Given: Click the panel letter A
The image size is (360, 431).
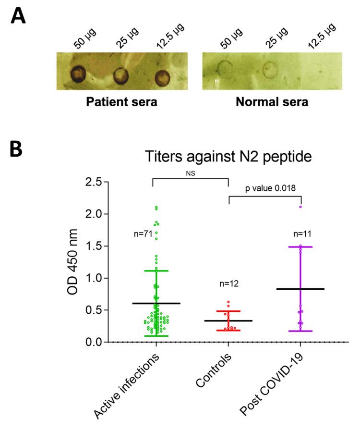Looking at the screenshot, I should tap(20, 17).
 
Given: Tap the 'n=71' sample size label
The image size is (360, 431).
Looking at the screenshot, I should tap(143, 234).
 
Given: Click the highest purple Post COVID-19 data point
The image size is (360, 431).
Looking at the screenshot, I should tap(301, 207).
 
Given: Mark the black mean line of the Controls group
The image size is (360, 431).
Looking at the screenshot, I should tap(228, 320).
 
